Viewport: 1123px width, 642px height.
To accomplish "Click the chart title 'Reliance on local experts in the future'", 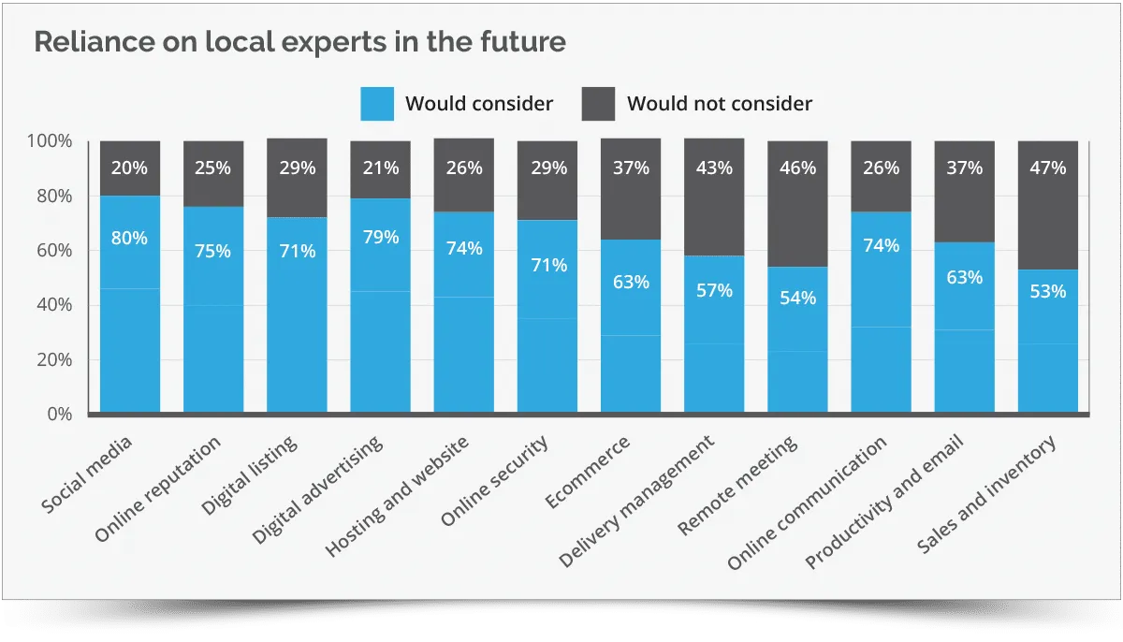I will [x=299, y=43].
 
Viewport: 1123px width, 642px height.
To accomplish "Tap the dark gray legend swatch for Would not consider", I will [x=598, y=103].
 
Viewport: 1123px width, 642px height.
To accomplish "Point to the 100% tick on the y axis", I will [x=50, y=141].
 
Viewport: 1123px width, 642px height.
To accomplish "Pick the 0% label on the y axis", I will [x=58, y=414].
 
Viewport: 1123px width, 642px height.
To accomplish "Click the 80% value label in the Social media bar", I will [x=130, y=238].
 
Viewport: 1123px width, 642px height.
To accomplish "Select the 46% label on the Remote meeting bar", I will [x=797, y=168].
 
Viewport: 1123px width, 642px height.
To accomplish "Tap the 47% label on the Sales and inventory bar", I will [x=1047, y=168].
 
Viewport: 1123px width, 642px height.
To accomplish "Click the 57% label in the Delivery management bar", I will [x=714, y=290].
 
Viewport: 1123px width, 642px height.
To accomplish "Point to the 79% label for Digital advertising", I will [x=380, y=237].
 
